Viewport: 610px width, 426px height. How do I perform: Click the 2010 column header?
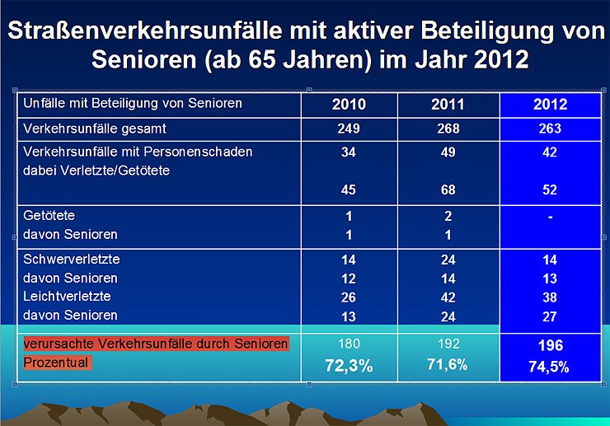click(349, 105)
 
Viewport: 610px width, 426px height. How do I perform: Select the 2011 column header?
click(448, 105)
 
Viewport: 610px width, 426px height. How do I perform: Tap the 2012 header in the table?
click(550, 105)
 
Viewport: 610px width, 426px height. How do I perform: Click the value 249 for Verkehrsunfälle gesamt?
click(349, 129)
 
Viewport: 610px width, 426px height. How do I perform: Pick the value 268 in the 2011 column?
click(448, 129)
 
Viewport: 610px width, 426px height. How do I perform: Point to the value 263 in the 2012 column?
click(550, 129)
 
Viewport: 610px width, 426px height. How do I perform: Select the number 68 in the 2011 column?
click(448, 190)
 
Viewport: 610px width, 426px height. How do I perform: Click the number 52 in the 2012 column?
click(550, 190)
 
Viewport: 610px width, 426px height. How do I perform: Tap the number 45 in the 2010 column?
click(349, 190)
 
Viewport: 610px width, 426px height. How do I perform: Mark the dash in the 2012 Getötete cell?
click(550, 217)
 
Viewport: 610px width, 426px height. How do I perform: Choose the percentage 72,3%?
click(349, 366)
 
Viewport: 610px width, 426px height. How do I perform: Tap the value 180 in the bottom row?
click(349, 344)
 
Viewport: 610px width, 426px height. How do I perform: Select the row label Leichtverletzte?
click(66, 297)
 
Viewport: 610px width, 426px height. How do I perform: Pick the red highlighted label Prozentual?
click(56, 363)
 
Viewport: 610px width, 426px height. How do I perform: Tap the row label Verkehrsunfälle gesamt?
click(95, 129)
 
